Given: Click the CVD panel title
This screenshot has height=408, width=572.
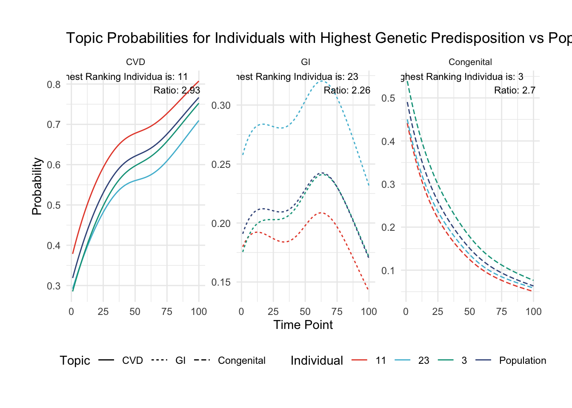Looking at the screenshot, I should (x=135, y=62).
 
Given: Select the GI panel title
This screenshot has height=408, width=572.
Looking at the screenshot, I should (x=306, y=62).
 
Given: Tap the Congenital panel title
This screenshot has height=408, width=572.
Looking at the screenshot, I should (x=470, y=62).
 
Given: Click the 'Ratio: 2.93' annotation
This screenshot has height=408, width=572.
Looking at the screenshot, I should (x=177, y=90).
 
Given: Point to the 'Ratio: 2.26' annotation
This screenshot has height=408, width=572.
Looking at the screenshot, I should (x=347, y=90).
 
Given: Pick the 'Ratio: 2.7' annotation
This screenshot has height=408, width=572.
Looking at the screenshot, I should (x=515, y=90).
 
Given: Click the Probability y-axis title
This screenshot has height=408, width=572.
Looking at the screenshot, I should (x=37, y=186).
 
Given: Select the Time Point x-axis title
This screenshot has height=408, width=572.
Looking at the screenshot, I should (x=303, y=325).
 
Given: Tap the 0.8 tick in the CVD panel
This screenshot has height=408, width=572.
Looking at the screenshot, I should (x=54, y=84).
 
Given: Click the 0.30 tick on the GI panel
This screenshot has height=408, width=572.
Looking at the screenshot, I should (x=221, y=105).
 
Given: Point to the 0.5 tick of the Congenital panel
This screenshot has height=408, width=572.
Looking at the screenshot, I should (x=388, y=98).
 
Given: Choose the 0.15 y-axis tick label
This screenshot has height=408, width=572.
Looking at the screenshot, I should (x=221, y=282).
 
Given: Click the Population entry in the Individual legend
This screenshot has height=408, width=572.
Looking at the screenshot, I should (x=522, y=360).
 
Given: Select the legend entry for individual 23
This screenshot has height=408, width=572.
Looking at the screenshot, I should (x=423, y=360).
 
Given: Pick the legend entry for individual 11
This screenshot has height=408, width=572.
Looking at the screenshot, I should (x=380, y=360).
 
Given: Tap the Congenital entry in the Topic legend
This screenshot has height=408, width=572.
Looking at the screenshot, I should (x=241, y=360).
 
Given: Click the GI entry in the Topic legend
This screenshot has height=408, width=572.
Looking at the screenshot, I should (x=180, y=360).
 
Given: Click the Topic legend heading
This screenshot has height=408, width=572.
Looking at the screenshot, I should (x=75, y=360).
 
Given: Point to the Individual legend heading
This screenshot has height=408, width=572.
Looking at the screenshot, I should (x=317, y=360).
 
